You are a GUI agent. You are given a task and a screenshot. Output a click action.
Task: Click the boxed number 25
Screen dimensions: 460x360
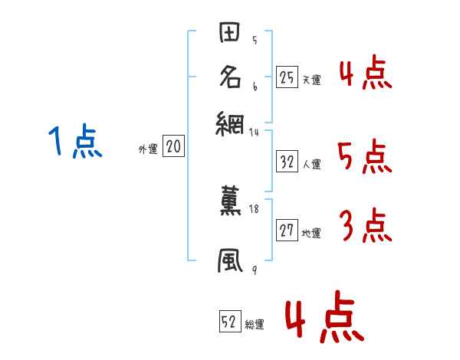click(x=287, y=77)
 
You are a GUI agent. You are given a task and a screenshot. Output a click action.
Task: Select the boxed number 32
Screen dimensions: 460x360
click(x=287, y=162)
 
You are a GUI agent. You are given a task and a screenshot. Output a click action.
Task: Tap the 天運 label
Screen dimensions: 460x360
click(x=311, y=80)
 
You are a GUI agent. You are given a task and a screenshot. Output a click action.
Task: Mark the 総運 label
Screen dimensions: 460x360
click(x=255, y=325)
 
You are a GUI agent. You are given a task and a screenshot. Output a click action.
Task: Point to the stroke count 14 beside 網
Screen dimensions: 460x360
click(x=255, y=132)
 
